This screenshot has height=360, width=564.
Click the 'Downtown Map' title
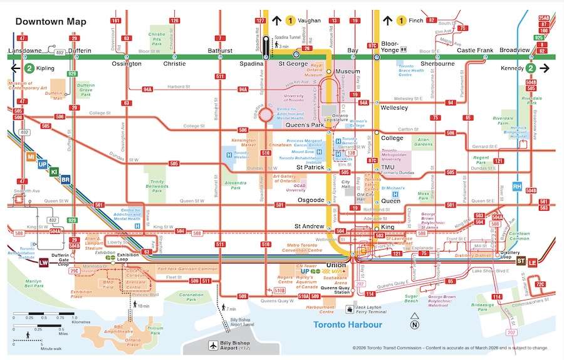[51, 21]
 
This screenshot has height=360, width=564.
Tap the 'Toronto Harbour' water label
[345, 324]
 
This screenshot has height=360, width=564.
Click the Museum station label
[348, 71]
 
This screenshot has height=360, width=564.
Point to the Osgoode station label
[310, 200]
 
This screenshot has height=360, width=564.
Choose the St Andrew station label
[308, 226]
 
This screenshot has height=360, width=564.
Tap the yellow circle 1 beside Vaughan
[290, 21]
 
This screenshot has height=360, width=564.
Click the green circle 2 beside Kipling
[29, 68]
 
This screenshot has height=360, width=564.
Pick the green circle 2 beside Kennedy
[530, 68]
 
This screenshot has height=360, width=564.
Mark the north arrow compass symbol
[414, 325]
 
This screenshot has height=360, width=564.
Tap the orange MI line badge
[31, 156]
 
